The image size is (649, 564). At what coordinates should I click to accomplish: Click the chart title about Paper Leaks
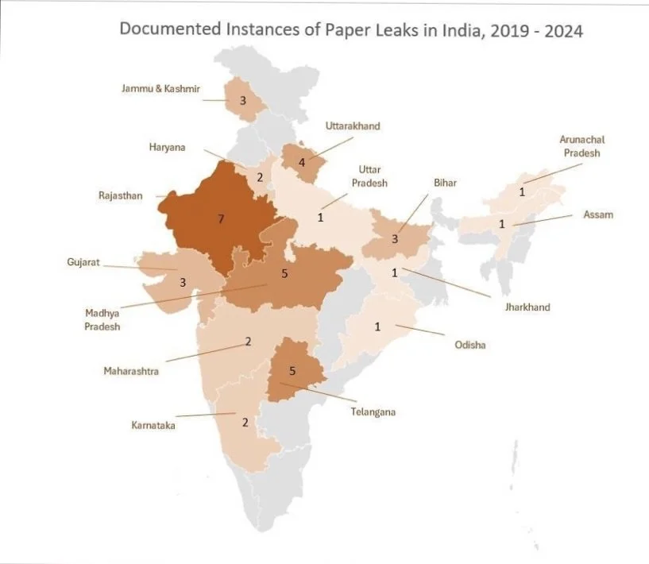coord(350,30)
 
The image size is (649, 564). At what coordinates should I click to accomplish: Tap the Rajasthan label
coord(121,195)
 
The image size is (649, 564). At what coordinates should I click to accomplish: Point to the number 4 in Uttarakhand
coord(301,163)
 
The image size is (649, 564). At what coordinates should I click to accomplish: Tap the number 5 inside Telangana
coord(292,371)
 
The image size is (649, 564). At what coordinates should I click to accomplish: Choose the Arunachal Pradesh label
coord(581,146)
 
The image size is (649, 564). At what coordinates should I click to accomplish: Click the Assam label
coord(597,214)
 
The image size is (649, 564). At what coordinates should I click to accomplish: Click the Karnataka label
coord(153,426)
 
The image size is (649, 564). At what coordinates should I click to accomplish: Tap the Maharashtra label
coord(132,370)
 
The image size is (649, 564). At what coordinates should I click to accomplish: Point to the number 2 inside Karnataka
coord(245,423)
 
